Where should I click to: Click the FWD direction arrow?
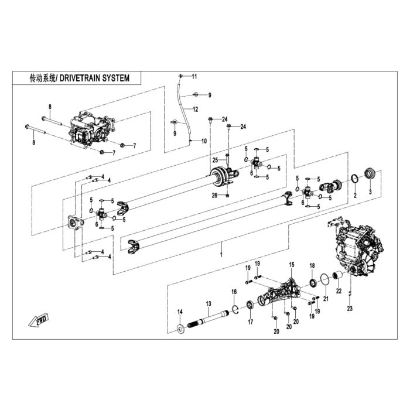pyautogui.click(x=39, y=319)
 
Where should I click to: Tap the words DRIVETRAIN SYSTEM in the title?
pyautogui.click(x=94, y=78)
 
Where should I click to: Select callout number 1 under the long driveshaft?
pyautogui.click(x=221, y=254)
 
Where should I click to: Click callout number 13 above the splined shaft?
pyautogui.click(x=209, y=303)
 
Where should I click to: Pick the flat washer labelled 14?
pyautogui.click(x=180, y=329)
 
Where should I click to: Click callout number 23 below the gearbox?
pyautogui.click(x=350, y=309)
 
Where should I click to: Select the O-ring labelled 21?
pyautogui.click(x=324, y=279)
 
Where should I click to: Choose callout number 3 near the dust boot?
pyautogui.click(x=370, y=192)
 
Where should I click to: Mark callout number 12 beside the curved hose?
pyautogui.click(x=195, y=110)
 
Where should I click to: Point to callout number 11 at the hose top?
pyautogui.click(x=194, y=76)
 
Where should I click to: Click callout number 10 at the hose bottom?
pyautogui.click(x=204, y=141)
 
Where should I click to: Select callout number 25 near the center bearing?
pyautogui.click(x=215, y=160)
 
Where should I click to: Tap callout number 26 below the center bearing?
pyautogui.click(x=214, y=195)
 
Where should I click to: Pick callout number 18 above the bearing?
pyautogui.click(x=312, y=266)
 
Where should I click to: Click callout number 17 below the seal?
pyautogui.click(x=251, y=322)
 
